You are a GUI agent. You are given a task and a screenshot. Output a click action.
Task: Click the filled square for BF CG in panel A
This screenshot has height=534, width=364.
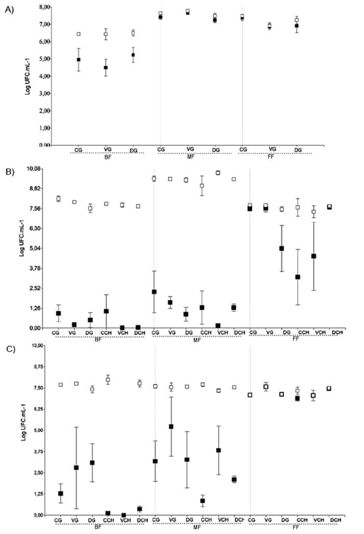[x=78, y=60]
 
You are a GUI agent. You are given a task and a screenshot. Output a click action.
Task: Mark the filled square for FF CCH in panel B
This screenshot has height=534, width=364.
[x=297, y=277]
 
